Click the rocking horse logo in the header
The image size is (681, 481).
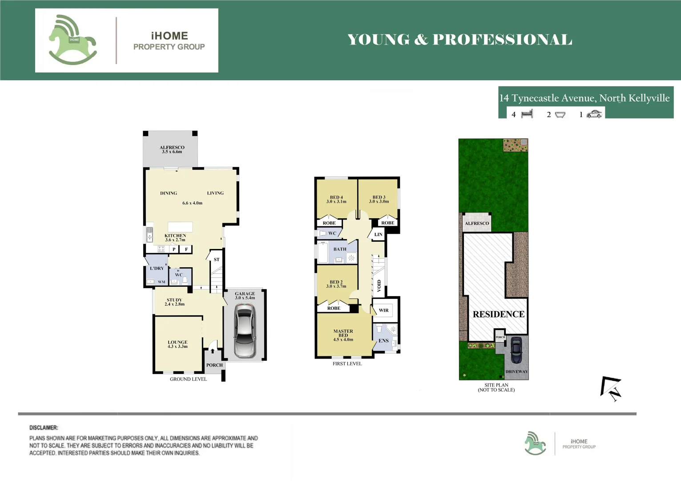(x=73, y=40)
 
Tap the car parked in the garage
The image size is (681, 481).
(x=245, y=330)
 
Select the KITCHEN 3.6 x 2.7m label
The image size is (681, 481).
(x=175, y=237)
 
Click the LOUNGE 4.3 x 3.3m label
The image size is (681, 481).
(x=177, y=344)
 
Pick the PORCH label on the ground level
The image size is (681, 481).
(x=214, y=365)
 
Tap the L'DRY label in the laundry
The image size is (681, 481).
(x=157, y=269)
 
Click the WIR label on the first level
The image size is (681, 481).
(x=383, y=310)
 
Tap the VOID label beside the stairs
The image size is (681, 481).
(x=379, y=285)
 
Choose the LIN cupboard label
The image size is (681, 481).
(x=378, y=234)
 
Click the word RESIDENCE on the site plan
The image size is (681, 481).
(x=498, y=314)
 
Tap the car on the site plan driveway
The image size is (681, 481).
(x=516, y=350)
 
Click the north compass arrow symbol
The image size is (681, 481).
(x=611, y=388)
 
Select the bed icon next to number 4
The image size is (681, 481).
(x=527, y=114)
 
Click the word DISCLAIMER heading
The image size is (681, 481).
(x=44, y=428)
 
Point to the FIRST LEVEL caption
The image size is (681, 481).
(x=347, y=364)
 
